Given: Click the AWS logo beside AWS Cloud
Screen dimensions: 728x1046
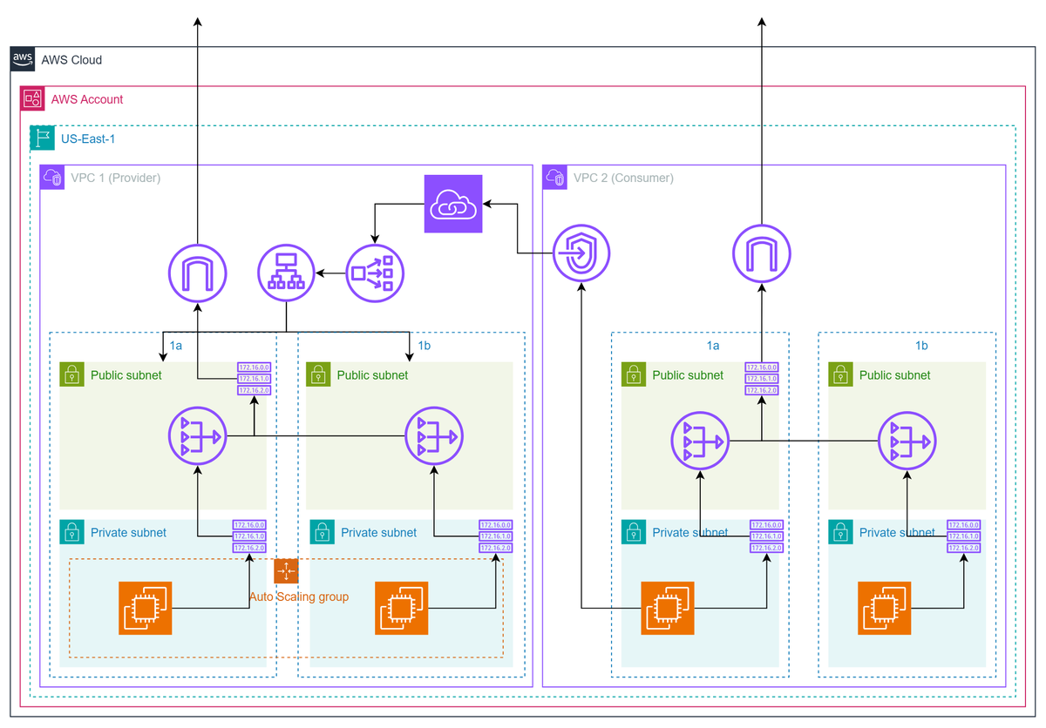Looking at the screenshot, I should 24,60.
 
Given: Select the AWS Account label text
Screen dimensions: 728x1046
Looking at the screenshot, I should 87,99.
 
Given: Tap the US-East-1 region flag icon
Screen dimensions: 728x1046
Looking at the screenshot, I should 42,138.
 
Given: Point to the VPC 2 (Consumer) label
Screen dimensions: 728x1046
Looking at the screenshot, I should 623,179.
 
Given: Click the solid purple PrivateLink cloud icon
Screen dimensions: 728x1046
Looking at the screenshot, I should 453,204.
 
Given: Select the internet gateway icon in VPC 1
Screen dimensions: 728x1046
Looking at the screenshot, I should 197,273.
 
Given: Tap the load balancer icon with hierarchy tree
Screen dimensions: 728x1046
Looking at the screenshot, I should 287,273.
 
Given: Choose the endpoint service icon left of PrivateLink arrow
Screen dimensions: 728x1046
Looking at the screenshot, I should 374,273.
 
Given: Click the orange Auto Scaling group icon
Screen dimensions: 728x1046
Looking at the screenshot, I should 286,571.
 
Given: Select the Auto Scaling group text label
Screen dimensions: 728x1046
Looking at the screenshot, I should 299,597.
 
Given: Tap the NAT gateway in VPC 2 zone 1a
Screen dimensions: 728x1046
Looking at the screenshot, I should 700,442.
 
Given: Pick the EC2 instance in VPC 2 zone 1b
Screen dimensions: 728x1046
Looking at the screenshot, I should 884,607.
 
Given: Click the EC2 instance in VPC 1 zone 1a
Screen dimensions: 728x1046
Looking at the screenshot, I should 146,607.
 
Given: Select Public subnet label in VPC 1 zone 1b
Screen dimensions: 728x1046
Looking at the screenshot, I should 372,375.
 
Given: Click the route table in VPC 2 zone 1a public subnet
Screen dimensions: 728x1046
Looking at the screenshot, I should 762,379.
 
